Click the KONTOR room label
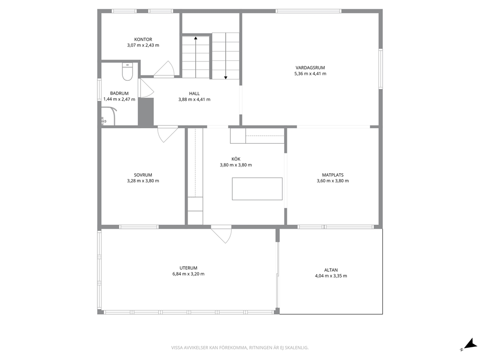(143, 40)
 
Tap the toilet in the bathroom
(127, 72)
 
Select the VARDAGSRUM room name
(310, 68)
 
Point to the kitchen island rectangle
(257, 189)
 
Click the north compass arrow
(469, 344)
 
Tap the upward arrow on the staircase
(195, 57)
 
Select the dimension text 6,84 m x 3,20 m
(188, 274)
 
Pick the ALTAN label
(331, 270)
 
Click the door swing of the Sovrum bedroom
(167, 135)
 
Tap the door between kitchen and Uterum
(221, 235)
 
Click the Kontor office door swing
(164, 69)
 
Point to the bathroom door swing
(147, 88)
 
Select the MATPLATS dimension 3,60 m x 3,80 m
(333, 181)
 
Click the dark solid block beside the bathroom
(146, 112)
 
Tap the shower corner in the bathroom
(109, 116)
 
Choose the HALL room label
(195, 94)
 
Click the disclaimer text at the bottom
(240, 348)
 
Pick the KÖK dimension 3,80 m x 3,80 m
(236, 165)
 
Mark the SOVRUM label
(143, 175)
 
